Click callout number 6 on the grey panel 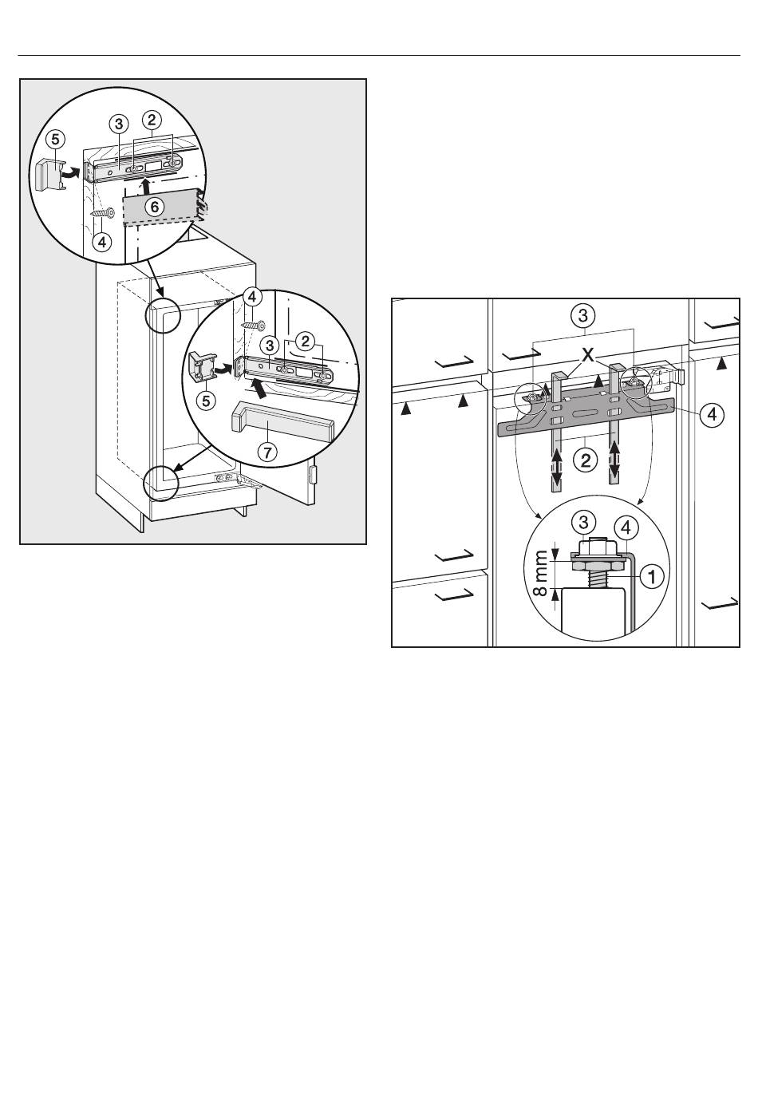pos(155,207)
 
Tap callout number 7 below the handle pos(267,451)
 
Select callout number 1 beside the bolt pos(652,575)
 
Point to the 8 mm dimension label pos(540,574)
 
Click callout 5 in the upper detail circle pos(55,140)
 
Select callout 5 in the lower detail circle pos(206,401)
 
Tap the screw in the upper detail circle pos(103,214)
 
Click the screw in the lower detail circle pos(253,326)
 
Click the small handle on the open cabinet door pos(312,476)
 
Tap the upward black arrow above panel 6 pos(145,188)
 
